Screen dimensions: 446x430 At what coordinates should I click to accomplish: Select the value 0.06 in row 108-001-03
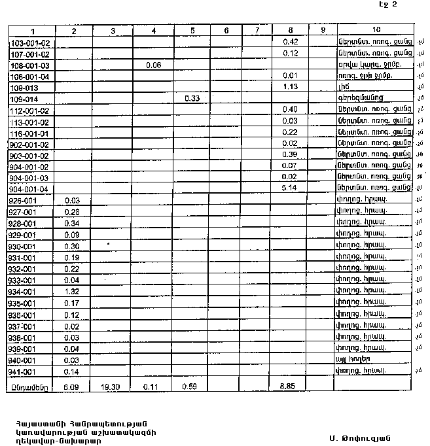click(154, 65)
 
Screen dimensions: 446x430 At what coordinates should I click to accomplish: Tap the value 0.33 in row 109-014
click(192, 98)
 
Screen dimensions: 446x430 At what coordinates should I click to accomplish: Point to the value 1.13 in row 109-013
click(290, 86)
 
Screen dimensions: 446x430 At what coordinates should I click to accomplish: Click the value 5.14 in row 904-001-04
click(290, 188)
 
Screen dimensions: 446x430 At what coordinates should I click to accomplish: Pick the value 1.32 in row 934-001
click(73, 292)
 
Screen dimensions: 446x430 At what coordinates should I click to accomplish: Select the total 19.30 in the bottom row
click(113, 386)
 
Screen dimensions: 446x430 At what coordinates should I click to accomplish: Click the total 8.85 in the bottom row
click(290, 386)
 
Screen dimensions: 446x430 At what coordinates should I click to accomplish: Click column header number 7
click(257, 30)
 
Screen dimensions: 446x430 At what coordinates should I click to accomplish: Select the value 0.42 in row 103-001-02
click(290, 42)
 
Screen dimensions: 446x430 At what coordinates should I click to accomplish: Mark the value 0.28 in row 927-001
click(73, 212)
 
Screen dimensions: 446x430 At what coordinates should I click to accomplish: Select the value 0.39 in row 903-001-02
click(290, 154)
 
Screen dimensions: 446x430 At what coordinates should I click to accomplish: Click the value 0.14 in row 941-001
click(73, 371)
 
